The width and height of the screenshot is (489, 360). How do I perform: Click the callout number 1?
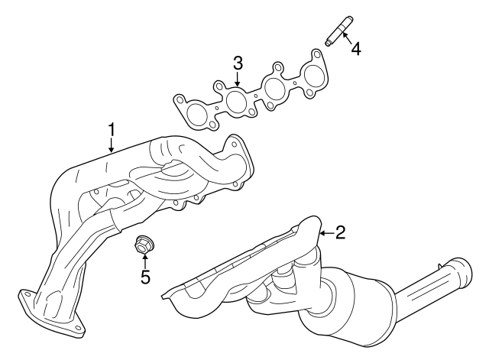112,130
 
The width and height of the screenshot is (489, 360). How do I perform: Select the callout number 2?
340,232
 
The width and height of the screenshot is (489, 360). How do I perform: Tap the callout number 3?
238,63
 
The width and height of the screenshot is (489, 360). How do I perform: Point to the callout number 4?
355,49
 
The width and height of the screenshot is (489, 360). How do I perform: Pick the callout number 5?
145,277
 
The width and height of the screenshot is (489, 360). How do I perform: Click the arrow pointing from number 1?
112,146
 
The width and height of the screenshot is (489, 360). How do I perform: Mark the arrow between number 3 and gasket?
238,79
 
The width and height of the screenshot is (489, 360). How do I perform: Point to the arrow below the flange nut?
145,261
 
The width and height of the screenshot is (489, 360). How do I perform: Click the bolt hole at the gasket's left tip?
180,100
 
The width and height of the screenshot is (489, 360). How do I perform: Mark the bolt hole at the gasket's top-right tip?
316,54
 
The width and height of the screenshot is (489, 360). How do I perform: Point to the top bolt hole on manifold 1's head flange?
234,144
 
